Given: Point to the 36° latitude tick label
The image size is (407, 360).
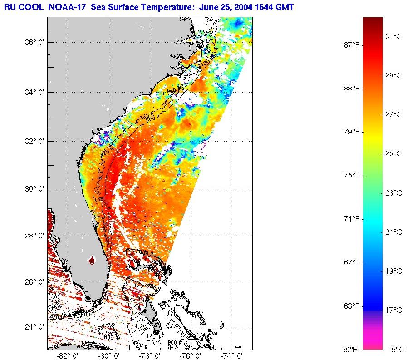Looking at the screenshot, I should click(34, 43).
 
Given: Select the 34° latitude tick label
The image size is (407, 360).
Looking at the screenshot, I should click(34, 92).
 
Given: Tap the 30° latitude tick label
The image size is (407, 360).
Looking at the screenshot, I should click(34, 189).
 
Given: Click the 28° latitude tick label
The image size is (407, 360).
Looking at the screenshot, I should click(34, 236).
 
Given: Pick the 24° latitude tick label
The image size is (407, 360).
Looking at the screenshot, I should click(34, 327).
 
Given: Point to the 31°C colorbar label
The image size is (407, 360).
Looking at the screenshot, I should click(394, 36).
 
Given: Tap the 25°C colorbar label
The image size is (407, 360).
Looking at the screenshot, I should click(394, 154).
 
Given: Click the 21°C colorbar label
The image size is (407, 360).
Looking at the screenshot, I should click(394, 232).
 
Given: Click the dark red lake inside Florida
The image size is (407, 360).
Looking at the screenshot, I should click(92, 261).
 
